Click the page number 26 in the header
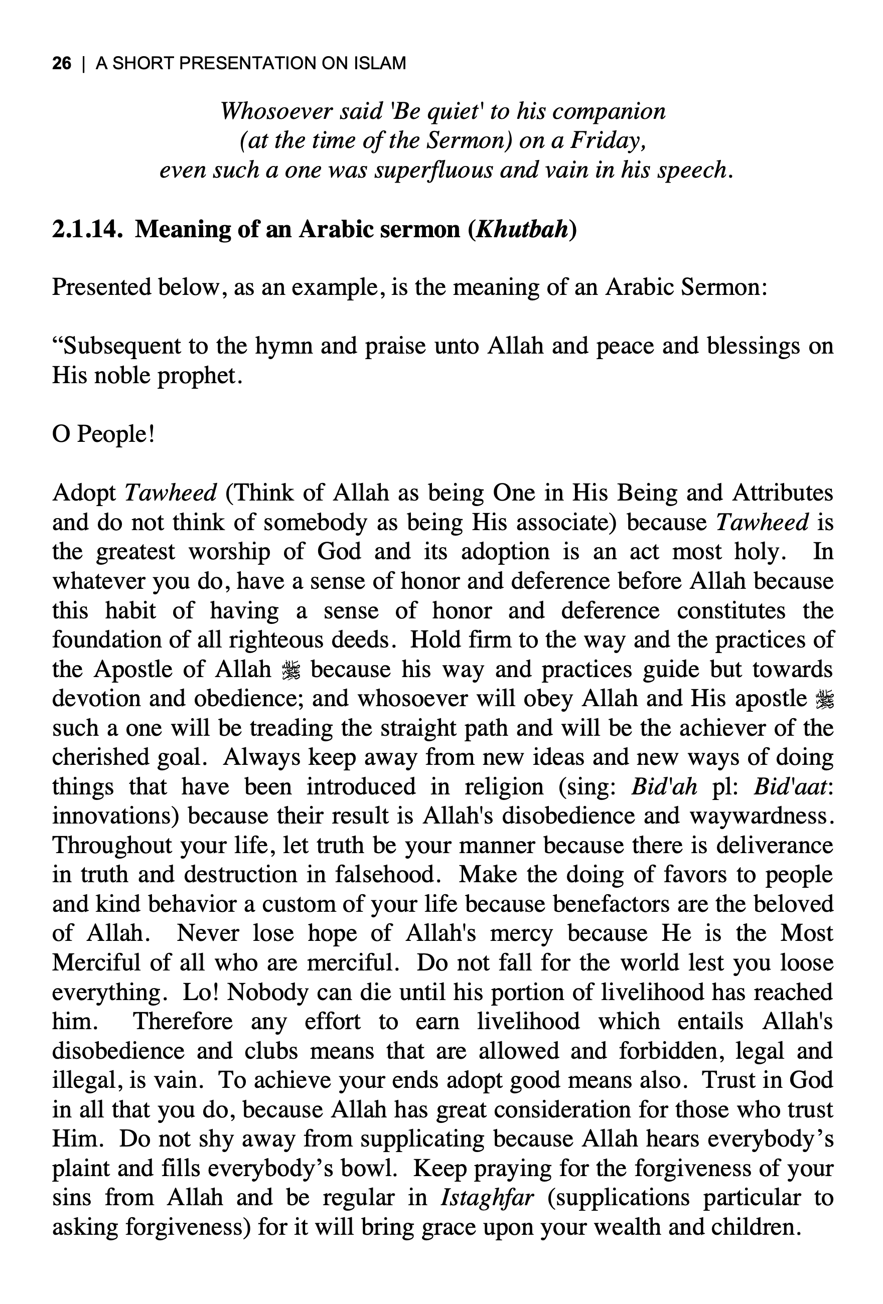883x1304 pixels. pyautogui.click(x=62, y=63)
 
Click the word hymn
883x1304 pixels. pyautogui.click(x=283, y=346)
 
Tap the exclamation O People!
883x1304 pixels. pyautogui.click(x=103, y=434)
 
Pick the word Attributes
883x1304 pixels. pyautogui.click(x=783, y=493)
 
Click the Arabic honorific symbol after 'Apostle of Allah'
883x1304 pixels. pyautogui.click(x=291, y=670)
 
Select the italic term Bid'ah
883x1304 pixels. pyautogui.click(x=664, y=787)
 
